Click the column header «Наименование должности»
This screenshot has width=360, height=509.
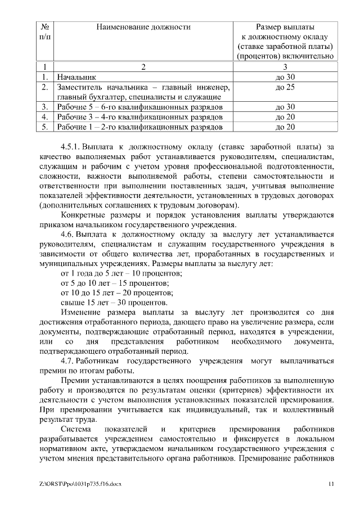click(x=143, y=26)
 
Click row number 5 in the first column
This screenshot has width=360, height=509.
click(x=44, y=127)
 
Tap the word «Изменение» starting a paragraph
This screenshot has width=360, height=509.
click(x=80, y=312)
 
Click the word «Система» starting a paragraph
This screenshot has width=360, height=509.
click(x=76, y=429)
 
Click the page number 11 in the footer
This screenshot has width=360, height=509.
click(x=331, y=484)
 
